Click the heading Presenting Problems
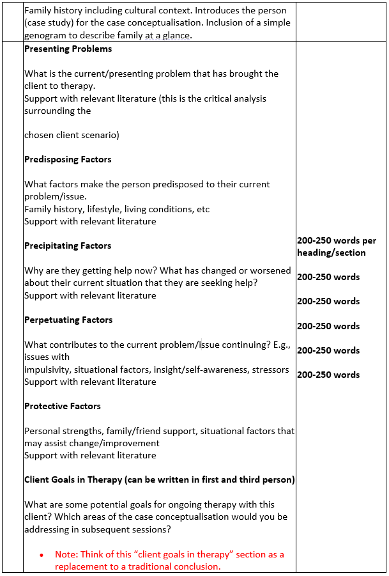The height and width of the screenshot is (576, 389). [68, 49]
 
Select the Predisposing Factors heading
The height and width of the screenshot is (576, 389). [68, 160]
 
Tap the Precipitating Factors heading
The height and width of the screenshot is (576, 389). [68, 246]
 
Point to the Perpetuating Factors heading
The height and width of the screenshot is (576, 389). [68, 320]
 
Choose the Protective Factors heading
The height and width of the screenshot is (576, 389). [63, 407]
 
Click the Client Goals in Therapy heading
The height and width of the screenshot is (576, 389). [160, 480]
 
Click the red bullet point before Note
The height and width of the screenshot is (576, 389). [42, 555]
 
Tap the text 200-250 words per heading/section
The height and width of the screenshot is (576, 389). [337, 247]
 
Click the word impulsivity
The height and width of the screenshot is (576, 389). [48, 370]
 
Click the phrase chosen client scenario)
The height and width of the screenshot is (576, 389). [72, 136]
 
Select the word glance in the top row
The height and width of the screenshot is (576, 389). [175, 35]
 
